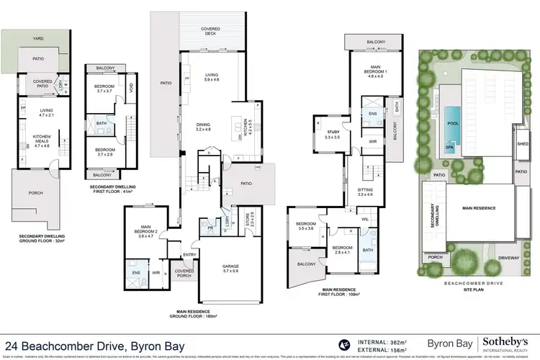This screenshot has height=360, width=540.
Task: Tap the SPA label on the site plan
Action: [x=449, y=147]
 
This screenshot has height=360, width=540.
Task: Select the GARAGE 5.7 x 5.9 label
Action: [x=230, y=269]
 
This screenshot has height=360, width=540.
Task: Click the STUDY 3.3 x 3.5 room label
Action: [x=331, y=134]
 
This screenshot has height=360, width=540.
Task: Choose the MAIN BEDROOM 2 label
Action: [x=147, y=229]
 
